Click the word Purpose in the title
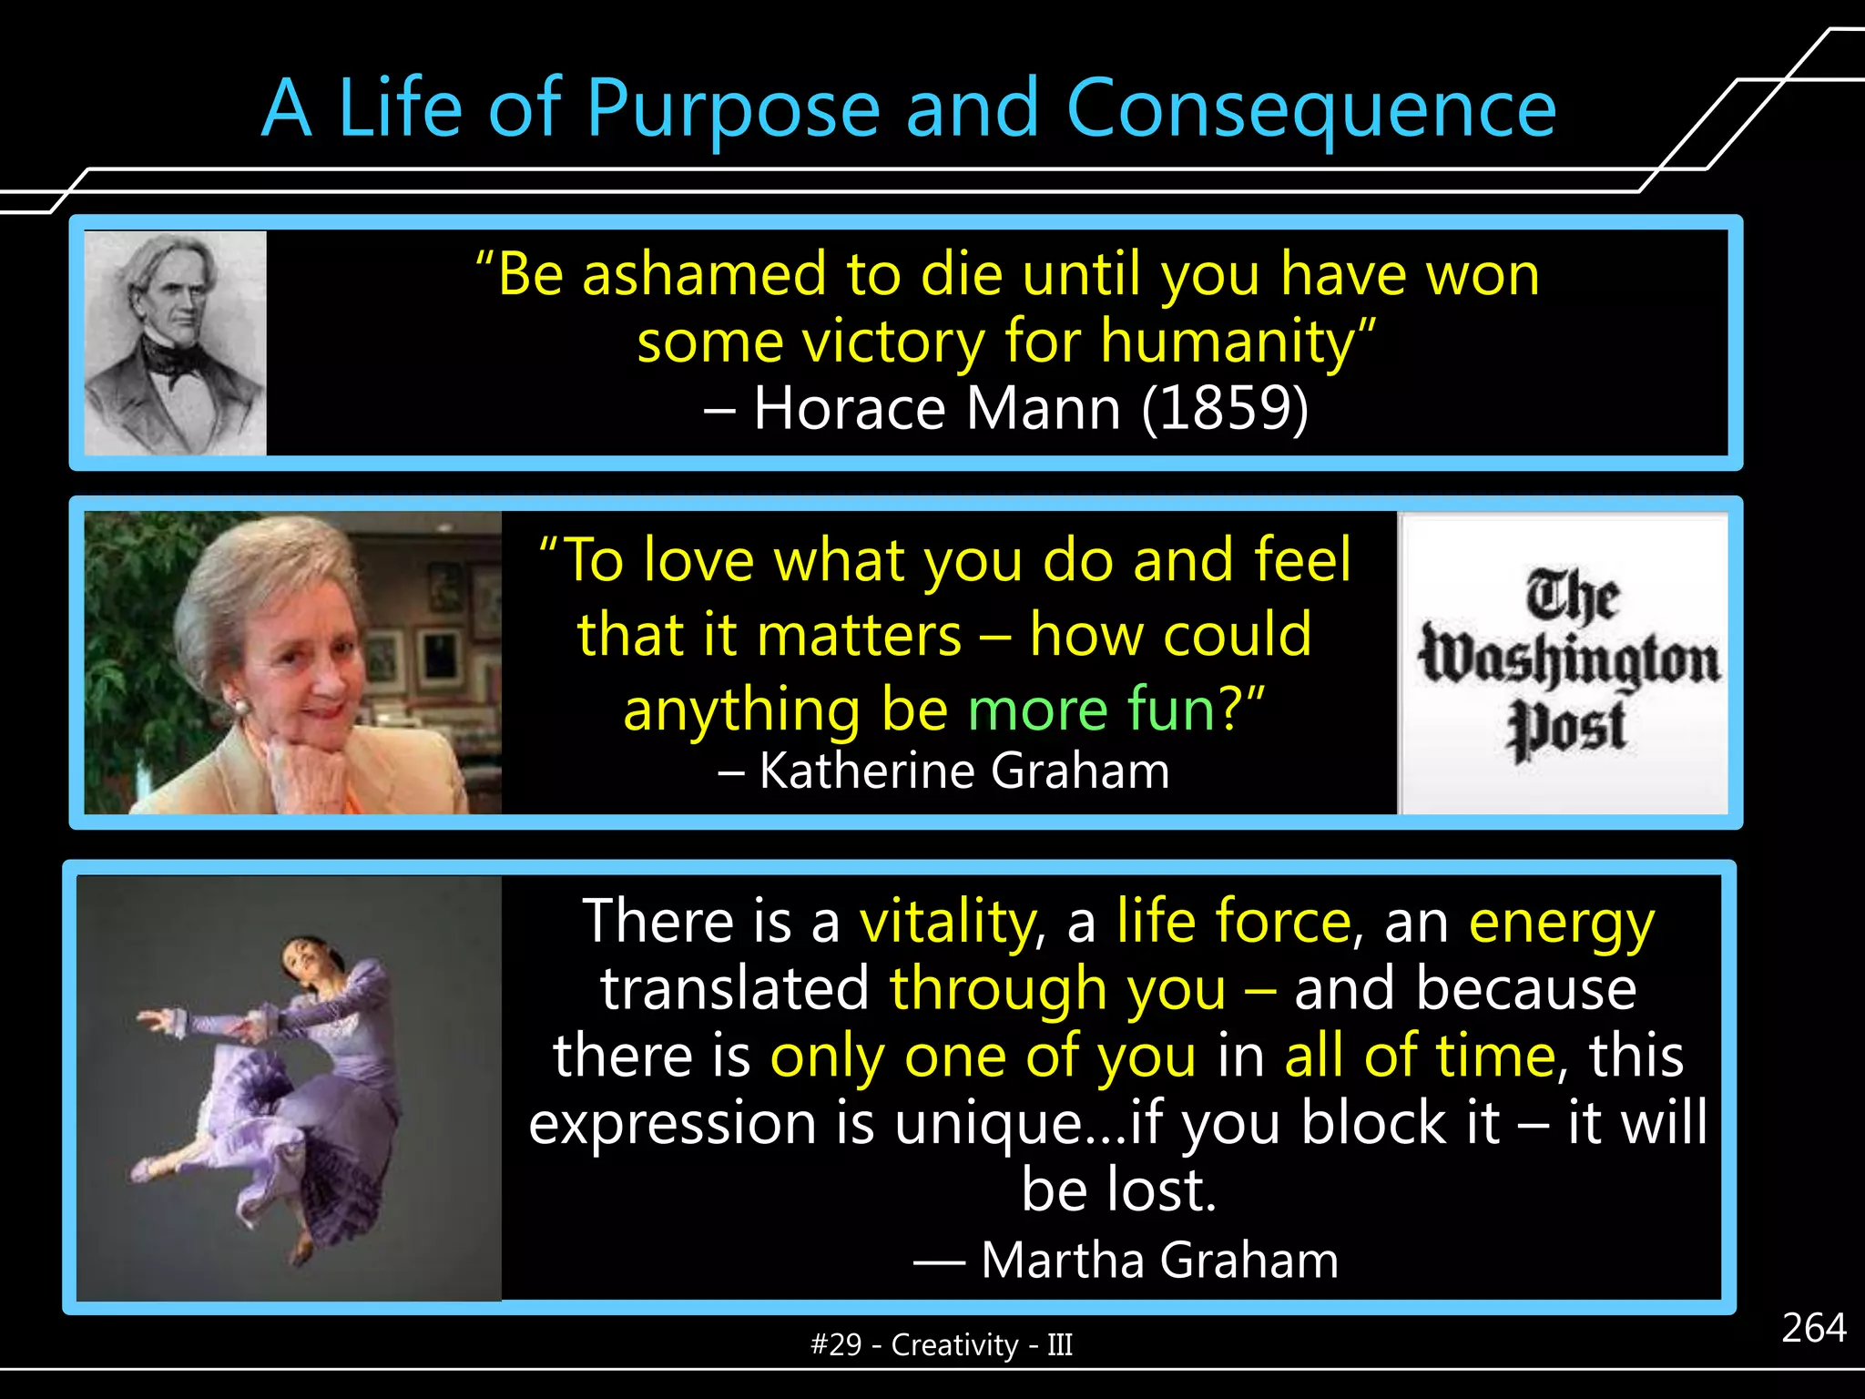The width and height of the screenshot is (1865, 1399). pyautogui.click(x=732, y=109)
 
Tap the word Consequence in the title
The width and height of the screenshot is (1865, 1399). pyautogui.click(x=1310, y=109)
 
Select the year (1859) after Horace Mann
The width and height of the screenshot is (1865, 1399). pyautogui.click(x=1225, y=408)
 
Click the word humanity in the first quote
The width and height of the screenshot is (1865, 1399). pyautogui.click(x=1226, y=342)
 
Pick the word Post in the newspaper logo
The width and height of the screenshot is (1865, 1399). pyautogui.click(x=1566, y=729)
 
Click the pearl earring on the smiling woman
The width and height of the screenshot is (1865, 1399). pyautogui.click(x=243, y=706)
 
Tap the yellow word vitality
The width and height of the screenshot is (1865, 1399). pyautogui.click(x=948, y=922)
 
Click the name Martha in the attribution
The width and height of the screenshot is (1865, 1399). pyautogui.click(x=1062, y=1261)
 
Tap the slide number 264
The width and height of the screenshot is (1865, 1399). pyautogui.click(x=1813, y=1328)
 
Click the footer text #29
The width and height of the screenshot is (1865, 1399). pyautogui.click(x=835, y=1345)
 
